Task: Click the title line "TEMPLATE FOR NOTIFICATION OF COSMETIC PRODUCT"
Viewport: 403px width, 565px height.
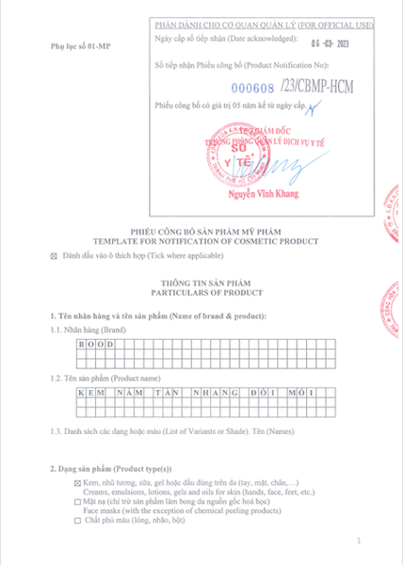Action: tap(200, 242)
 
